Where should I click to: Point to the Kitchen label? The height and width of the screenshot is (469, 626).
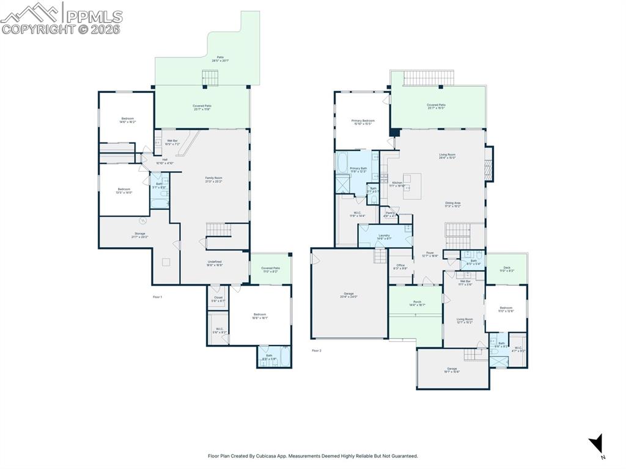tap(397, 184)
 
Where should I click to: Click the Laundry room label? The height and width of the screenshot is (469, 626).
tap(384, 237)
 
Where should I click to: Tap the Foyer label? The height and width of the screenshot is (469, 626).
tap(430, 254)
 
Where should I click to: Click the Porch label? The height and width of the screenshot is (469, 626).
tap(417, 303)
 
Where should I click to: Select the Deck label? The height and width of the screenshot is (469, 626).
tap(506, 268)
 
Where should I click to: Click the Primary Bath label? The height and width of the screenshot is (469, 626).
tap(358, 169)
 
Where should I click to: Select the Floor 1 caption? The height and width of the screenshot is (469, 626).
tap(157, 297)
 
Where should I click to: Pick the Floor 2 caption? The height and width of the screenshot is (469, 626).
tap(316, 350)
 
